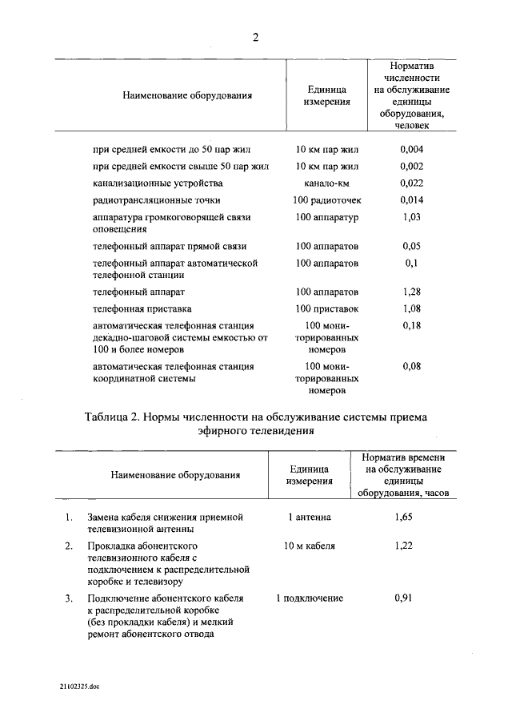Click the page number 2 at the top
click(255, 37)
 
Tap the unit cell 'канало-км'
click(327, 183)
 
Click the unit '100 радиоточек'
click(327, 200)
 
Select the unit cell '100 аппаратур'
click(327, 217)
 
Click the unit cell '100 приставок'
click(327, 308)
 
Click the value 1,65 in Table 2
click(403, 518)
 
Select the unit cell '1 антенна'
click(310, 518)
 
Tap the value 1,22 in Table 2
click(403, 546)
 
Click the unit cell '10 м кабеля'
click(310, 546)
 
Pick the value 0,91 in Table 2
click(403, 598)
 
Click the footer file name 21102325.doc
click(79, 687)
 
